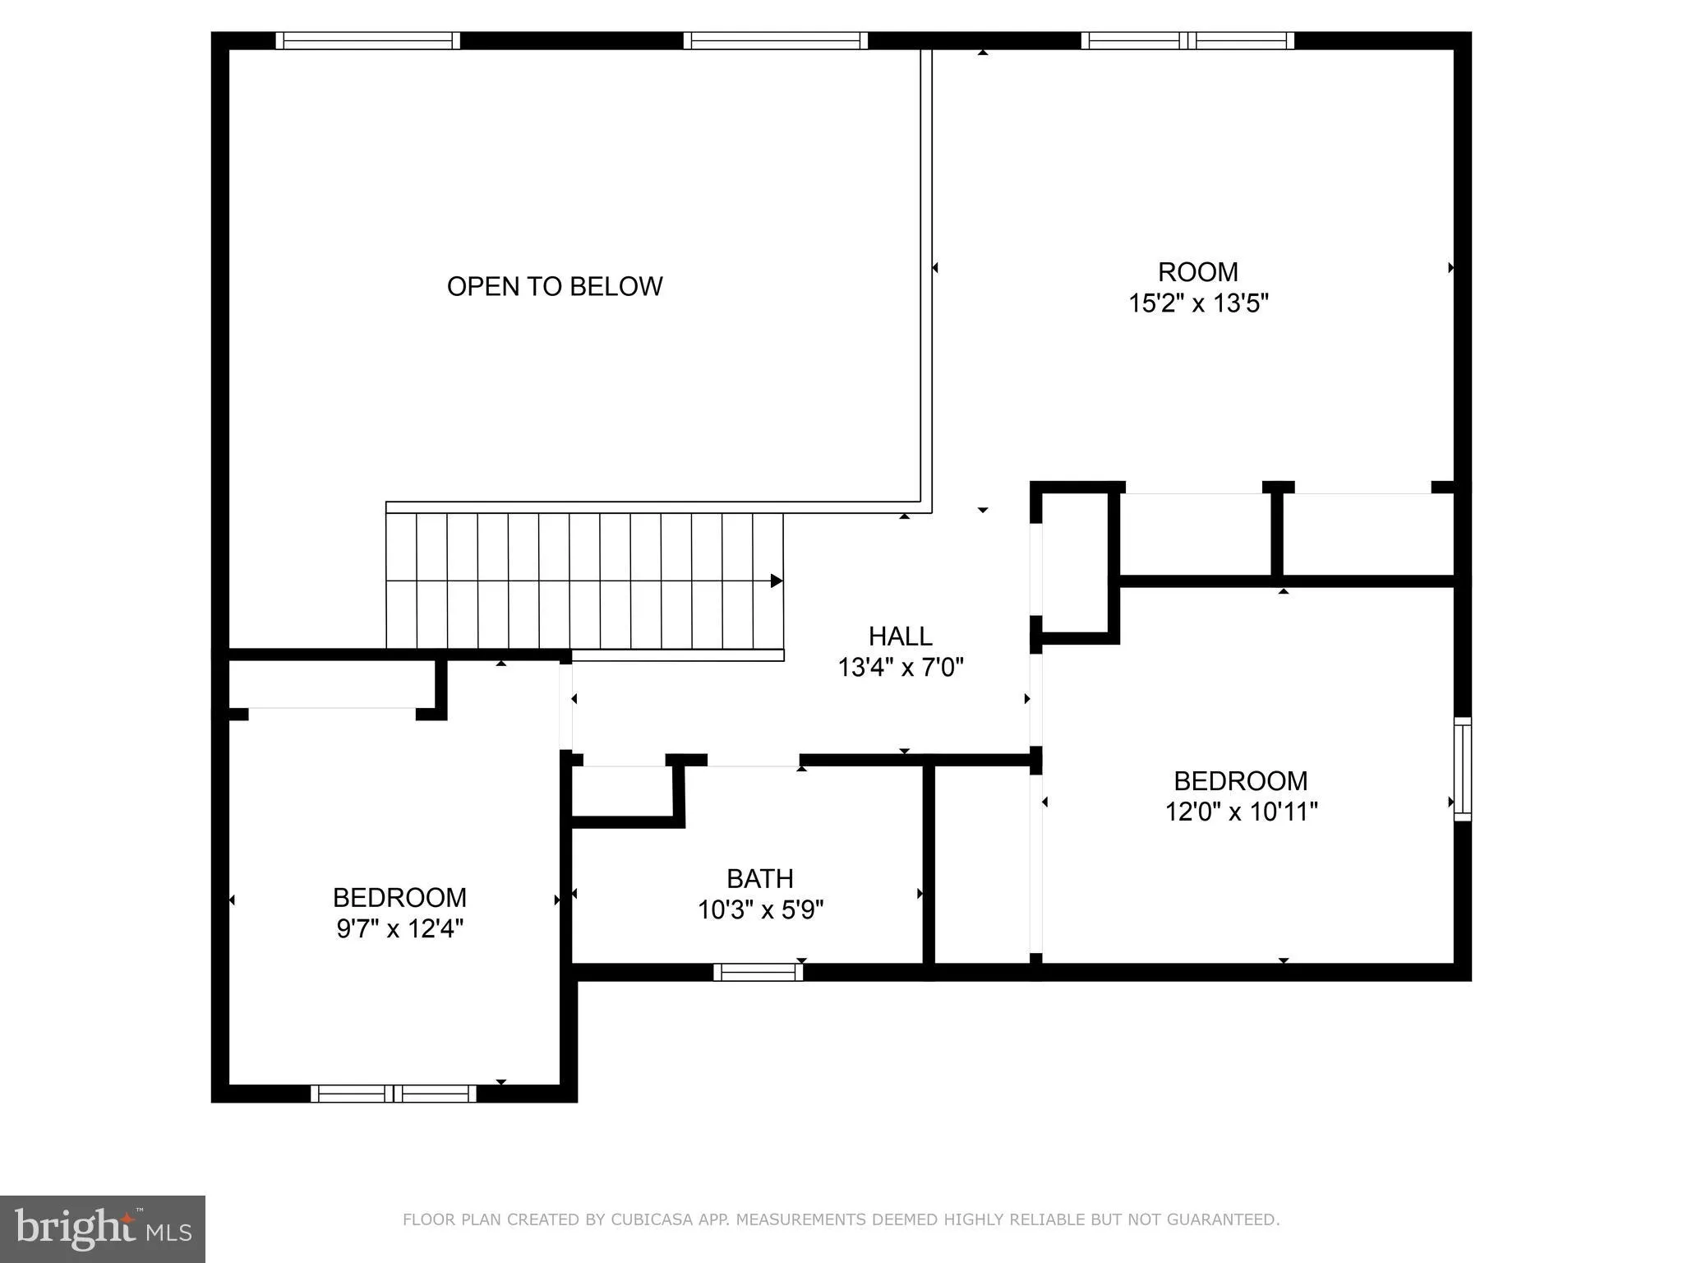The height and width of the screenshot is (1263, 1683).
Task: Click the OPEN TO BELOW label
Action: click(x=555, y=286)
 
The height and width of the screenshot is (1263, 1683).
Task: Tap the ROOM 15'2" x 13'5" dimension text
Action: click(x=1198, y=303)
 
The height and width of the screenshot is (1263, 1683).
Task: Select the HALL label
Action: click(x=901, y=636)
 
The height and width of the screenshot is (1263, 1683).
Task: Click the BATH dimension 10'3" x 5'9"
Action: click(x=760, y=910)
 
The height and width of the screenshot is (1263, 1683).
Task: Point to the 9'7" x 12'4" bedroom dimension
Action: click(x=400, y=929)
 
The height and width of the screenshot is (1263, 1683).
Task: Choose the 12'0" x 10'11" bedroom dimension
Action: click(x=1241, y=812)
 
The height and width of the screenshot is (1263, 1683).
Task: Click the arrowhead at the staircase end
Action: click(x=776, y=581)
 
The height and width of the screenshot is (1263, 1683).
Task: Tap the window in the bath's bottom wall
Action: click(x=758, y=972)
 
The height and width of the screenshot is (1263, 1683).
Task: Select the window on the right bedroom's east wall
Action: click(x=1462, y=769)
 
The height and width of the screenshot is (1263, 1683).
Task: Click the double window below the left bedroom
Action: click(x=394, y=1094)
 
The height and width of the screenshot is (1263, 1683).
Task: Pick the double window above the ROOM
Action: click(x=1187, y=41)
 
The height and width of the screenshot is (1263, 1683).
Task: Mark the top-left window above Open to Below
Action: click(x=367, y=41)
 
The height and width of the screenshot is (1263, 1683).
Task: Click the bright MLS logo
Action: click(x=102, y=1228)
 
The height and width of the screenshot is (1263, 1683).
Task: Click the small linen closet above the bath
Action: click(x=622, y=790)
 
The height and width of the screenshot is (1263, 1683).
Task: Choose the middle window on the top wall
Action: click(x=775, y=41)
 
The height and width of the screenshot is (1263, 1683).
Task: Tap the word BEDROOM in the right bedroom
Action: click(x=1240, y=780)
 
